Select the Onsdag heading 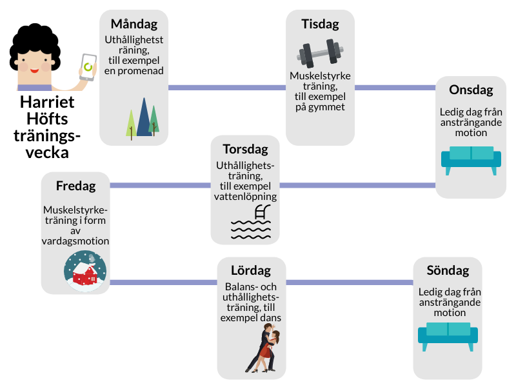[471, 90]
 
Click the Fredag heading [75, 186]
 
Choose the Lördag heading [251, 270]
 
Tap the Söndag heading [448, 270]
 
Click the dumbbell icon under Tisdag [320, 53]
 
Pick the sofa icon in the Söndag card [448, 335]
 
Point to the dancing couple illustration [264, 349]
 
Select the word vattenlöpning [245, 196]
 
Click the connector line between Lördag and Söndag [349, 283]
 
